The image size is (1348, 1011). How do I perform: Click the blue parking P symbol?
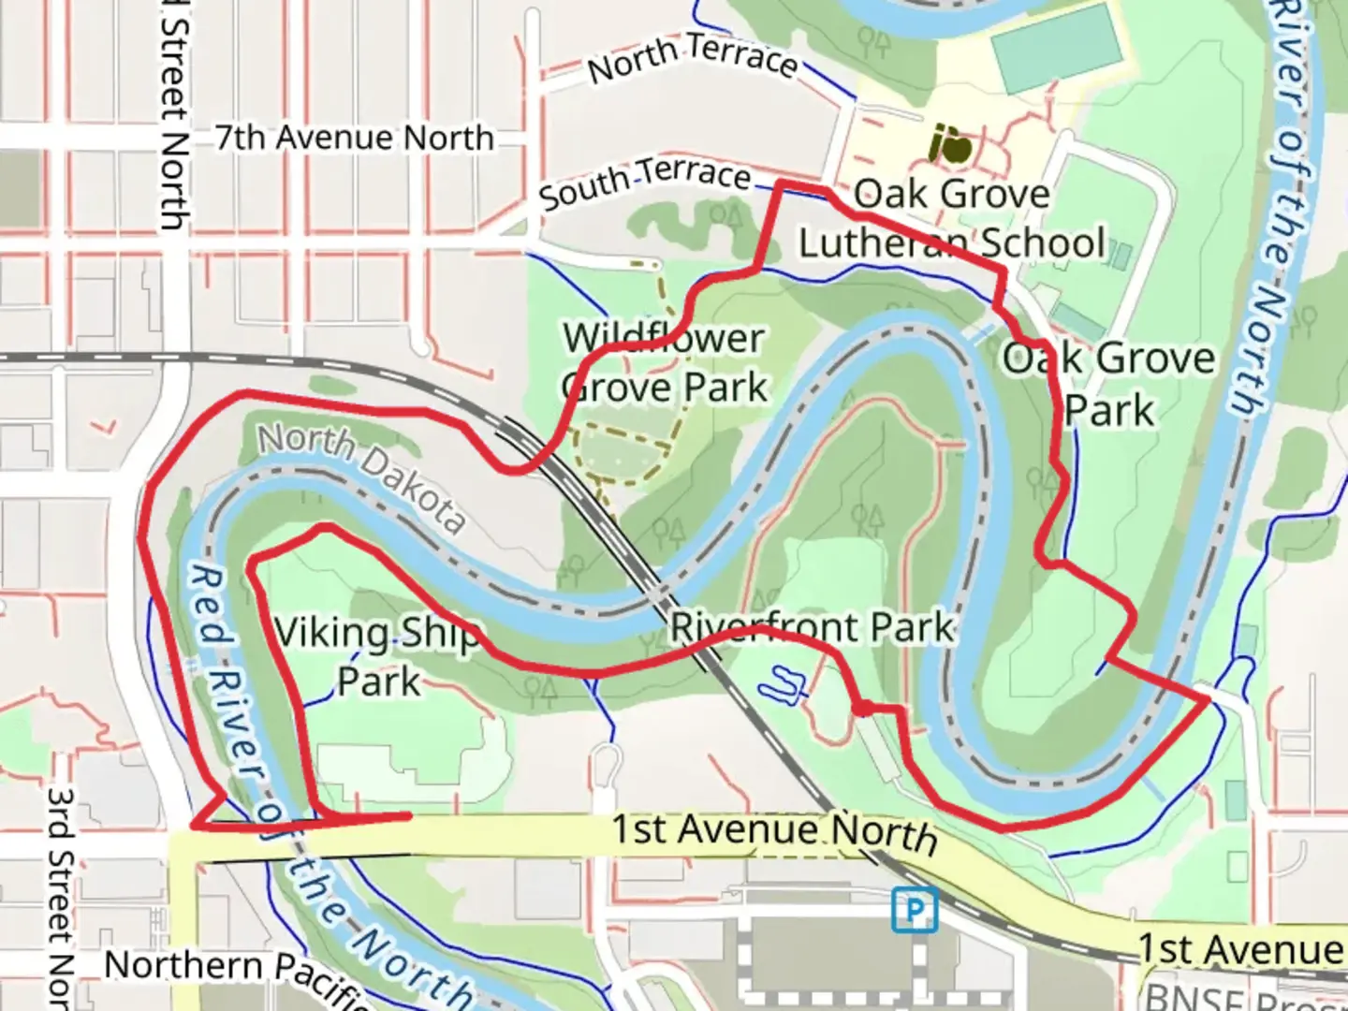[x=914, y=909]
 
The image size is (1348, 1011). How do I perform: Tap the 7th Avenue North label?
[x=354, y=138]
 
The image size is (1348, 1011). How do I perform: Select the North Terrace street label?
[x=693, y=58]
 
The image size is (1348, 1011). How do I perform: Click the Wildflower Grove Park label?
[x=666, y=363]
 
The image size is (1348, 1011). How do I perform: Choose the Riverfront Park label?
[x=813, y=627]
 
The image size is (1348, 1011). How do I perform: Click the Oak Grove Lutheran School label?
[x=951, y=219]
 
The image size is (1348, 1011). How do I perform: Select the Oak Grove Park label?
[x=1109, y=384]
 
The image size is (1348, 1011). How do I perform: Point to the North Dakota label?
[x=361, y=476]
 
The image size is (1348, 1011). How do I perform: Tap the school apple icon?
[x=949, y=144]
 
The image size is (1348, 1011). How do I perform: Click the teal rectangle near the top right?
[x=1057, y=46]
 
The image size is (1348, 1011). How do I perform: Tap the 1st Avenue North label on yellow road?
[x=774, y=832]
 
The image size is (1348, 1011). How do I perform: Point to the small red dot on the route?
[x=863, y=708]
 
